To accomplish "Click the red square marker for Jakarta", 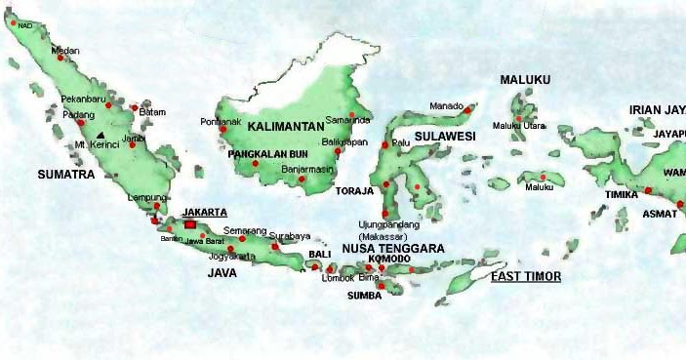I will coord(189,224).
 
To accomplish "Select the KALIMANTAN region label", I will coord(286,127).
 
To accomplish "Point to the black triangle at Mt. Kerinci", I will coord(101,135).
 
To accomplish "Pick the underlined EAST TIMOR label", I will coord(525,277).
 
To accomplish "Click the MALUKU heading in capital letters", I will coord(525,79).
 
